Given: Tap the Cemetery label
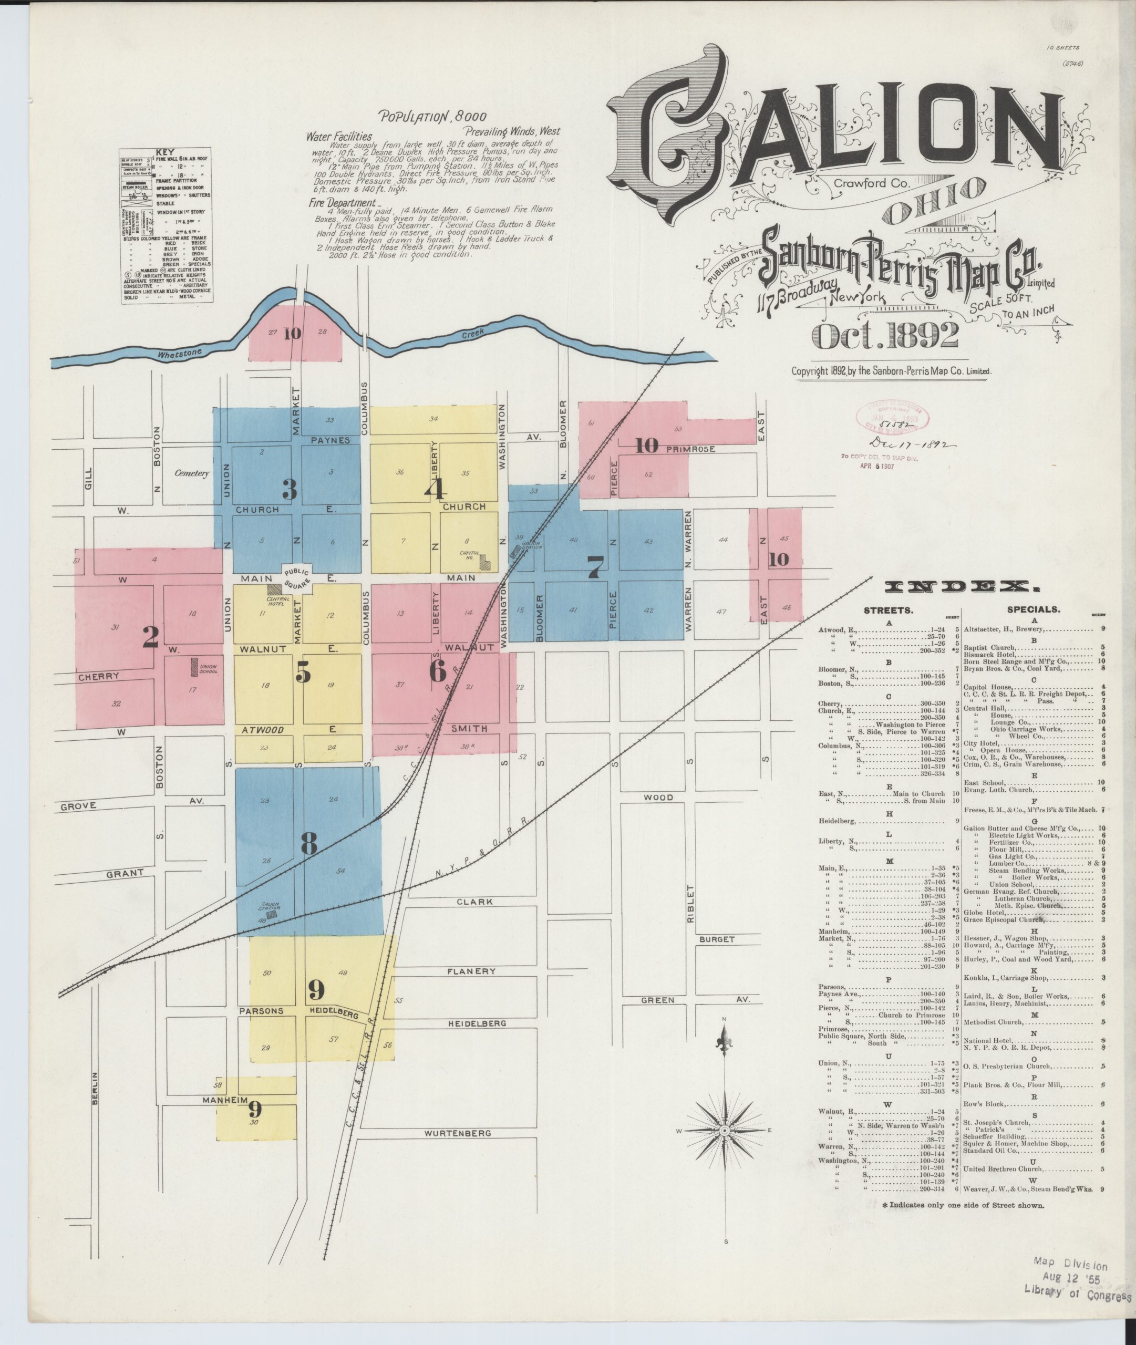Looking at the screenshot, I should pos(192,473).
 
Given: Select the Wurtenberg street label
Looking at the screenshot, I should pos(458,1133).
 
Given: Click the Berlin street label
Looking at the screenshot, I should pos(95,1089).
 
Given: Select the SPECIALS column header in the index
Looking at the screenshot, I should pos(1034,609).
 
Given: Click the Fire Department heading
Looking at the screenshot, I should pos(342,203).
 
